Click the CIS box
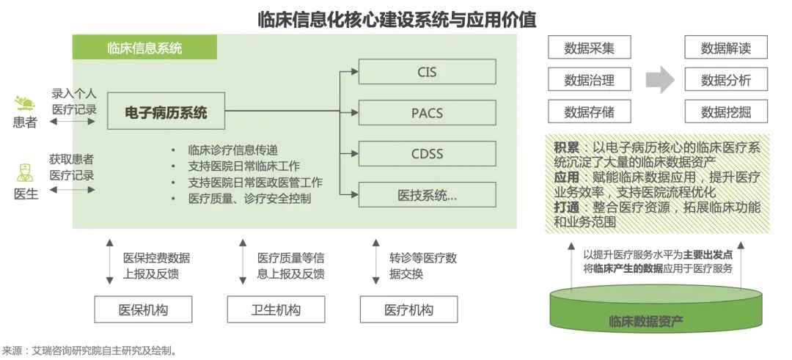coord(427,72)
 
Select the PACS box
coord(427,113)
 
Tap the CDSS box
coord(427,154)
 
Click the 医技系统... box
coord(427,195)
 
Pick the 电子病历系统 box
coord(166,113)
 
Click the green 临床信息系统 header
coord(144,48)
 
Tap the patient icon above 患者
coord(24,103)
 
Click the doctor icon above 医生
coord(24,173)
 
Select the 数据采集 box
coord(589,48)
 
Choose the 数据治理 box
coord(589,80)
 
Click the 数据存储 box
coord(589,111)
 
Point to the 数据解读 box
coord(725,48)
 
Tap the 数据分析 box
coord(725,80)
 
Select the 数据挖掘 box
coord(725,111)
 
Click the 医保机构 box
coord(144,309)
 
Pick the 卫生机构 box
coord(276,309)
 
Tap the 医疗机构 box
coord(409,309)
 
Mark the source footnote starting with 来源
coord(89,350)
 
